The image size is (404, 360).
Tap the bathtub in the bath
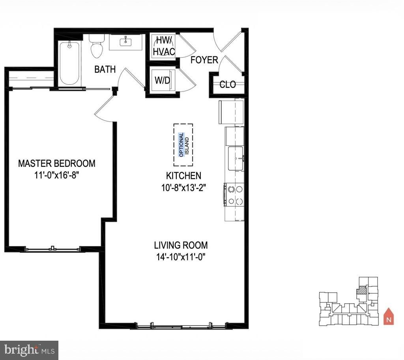tap(69, 63)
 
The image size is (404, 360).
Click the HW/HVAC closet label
tap(164, 46)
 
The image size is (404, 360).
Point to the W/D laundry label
tap(162, 80)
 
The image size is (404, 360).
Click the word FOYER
tap(204, 60)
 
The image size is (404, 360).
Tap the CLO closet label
tap(228, 84)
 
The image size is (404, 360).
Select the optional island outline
tap(183, 145)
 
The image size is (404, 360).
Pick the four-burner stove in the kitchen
tap(234, 195)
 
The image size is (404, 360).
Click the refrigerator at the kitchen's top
tap(231, 112)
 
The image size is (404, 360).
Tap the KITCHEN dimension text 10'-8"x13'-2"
tap(183, 188)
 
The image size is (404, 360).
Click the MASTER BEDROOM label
tap(57, 163)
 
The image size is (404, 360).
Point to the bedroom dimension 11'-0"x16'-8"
tap(57, 175)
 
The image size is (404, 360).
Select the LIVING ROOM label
tap(181, 245)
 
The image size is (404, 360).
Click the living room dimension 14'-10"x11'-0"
tap(181, 257)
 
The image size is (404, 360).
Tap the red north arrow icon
tap(389, 316)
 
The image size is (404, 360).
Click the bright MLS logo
tap(29, 350)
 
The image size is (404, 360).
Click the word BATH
tap(105, 69)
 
